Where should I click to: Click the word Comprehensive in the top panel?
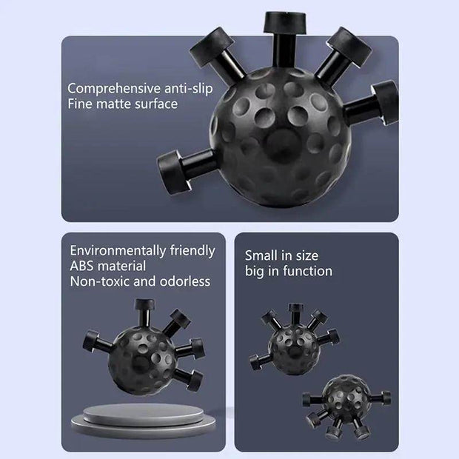coord(114,89)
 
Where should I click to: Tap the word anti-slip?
coord(189,88)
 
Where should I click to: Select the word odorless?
coord(185,281)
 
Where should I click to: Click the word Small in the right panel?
coord(261,255)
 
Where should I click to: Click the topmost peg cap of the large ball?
coord(286,22)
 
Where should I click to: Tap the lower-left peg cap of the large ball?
coord(171,172)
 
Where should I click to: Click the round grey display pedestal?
coord(143,421)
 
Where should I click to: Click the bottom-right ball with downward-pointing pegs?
coord(346,405)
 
